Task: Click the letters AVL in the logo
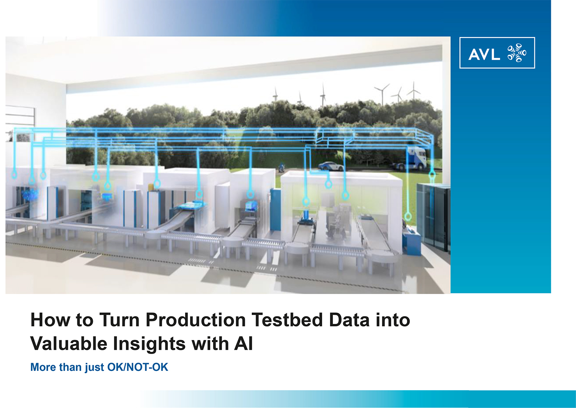tap(484, 54)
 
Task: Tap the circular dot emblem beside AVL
tap(517, 53)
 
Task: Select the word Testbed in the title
tap(287, 320)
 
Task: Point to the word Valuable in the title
tap(69, 343)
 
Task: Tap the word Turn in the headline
tap(120, 320)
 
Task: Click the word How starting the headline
tap(50, 320)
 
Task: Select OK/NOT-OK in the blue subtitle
tap(137, 367)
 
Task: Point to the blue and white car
tap(331, 166)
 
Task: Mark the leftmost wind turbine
tap(275, 94)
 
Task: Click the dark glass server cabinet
tap(433, 216)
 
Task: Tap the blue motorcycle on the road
tap(282, 167)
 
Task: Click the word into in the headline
tap(393, 320)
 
